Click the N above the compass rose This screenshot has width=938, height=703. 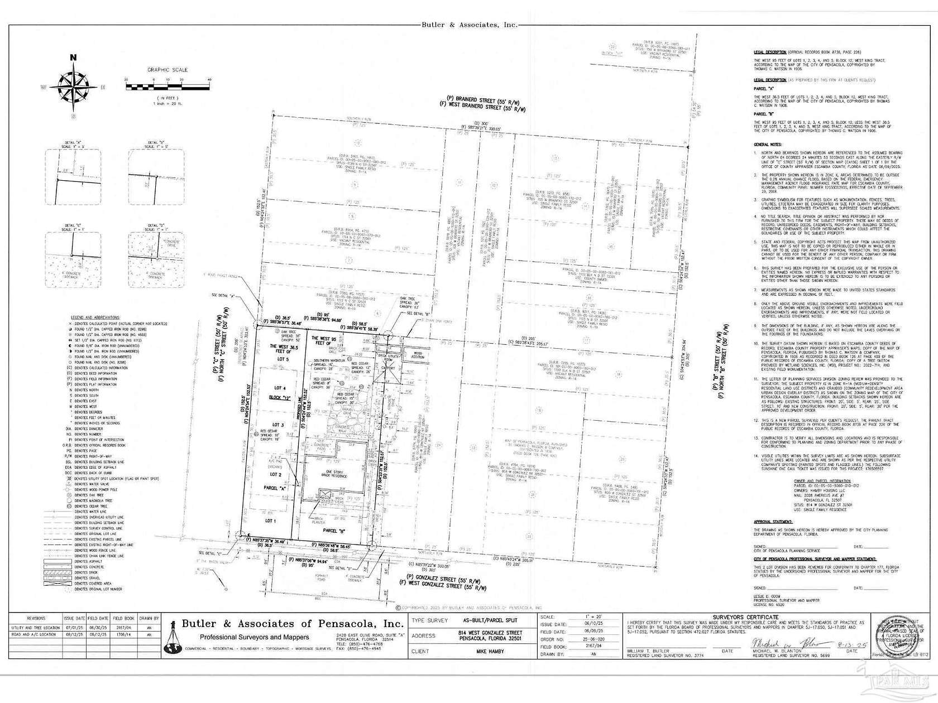click(x=73, y=57)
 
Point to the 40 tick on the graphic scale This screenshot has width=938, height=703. click(x=209, y=80)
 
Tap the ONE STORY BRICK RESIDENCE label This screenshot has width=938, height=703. click(x=333, y=474)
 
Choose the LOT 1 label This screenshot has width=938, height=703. click(x=270, y=521)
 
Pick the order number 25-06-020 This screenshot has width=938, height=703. click(x=578, y=639)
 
